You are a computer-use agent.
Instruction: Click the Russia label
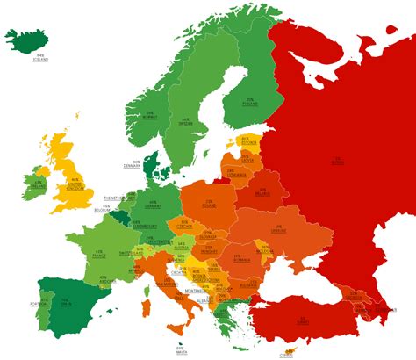pos(337,162)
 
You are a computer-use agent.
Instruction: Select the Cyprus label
pos(289,356)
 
